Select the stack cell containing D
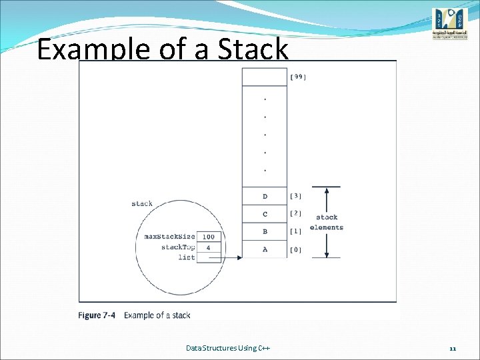(265, 196)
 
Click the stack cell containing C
(265, 214)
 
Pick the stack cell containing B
(265, 232)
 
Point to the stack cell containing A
(265, 250)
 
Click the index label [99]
(297, 77)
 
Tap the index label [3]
(296, 196)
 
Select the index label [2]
(296, 214)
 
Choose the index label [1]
(296, 232)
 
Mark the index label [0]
(296, 250)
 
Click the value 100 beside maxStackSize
(209, 237)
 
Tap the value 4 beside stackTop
(209, 247)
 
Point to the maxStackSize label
(170, 237)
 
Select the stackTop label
(178, 247)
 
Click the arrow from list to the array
(231, 257)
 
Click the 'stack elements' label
(327, 222)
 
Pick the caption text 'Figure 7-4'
(96, 315)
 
